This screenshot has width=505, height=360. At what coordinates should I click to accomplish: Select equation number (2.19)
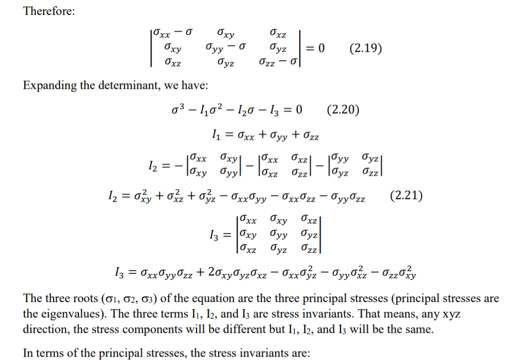click(366, 48)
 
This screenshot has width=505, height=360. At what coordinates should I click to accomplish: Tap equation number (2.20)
click(343, 109)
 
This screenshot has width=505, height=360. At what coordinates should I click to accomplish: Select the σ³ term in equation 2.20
click(178, 109)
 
